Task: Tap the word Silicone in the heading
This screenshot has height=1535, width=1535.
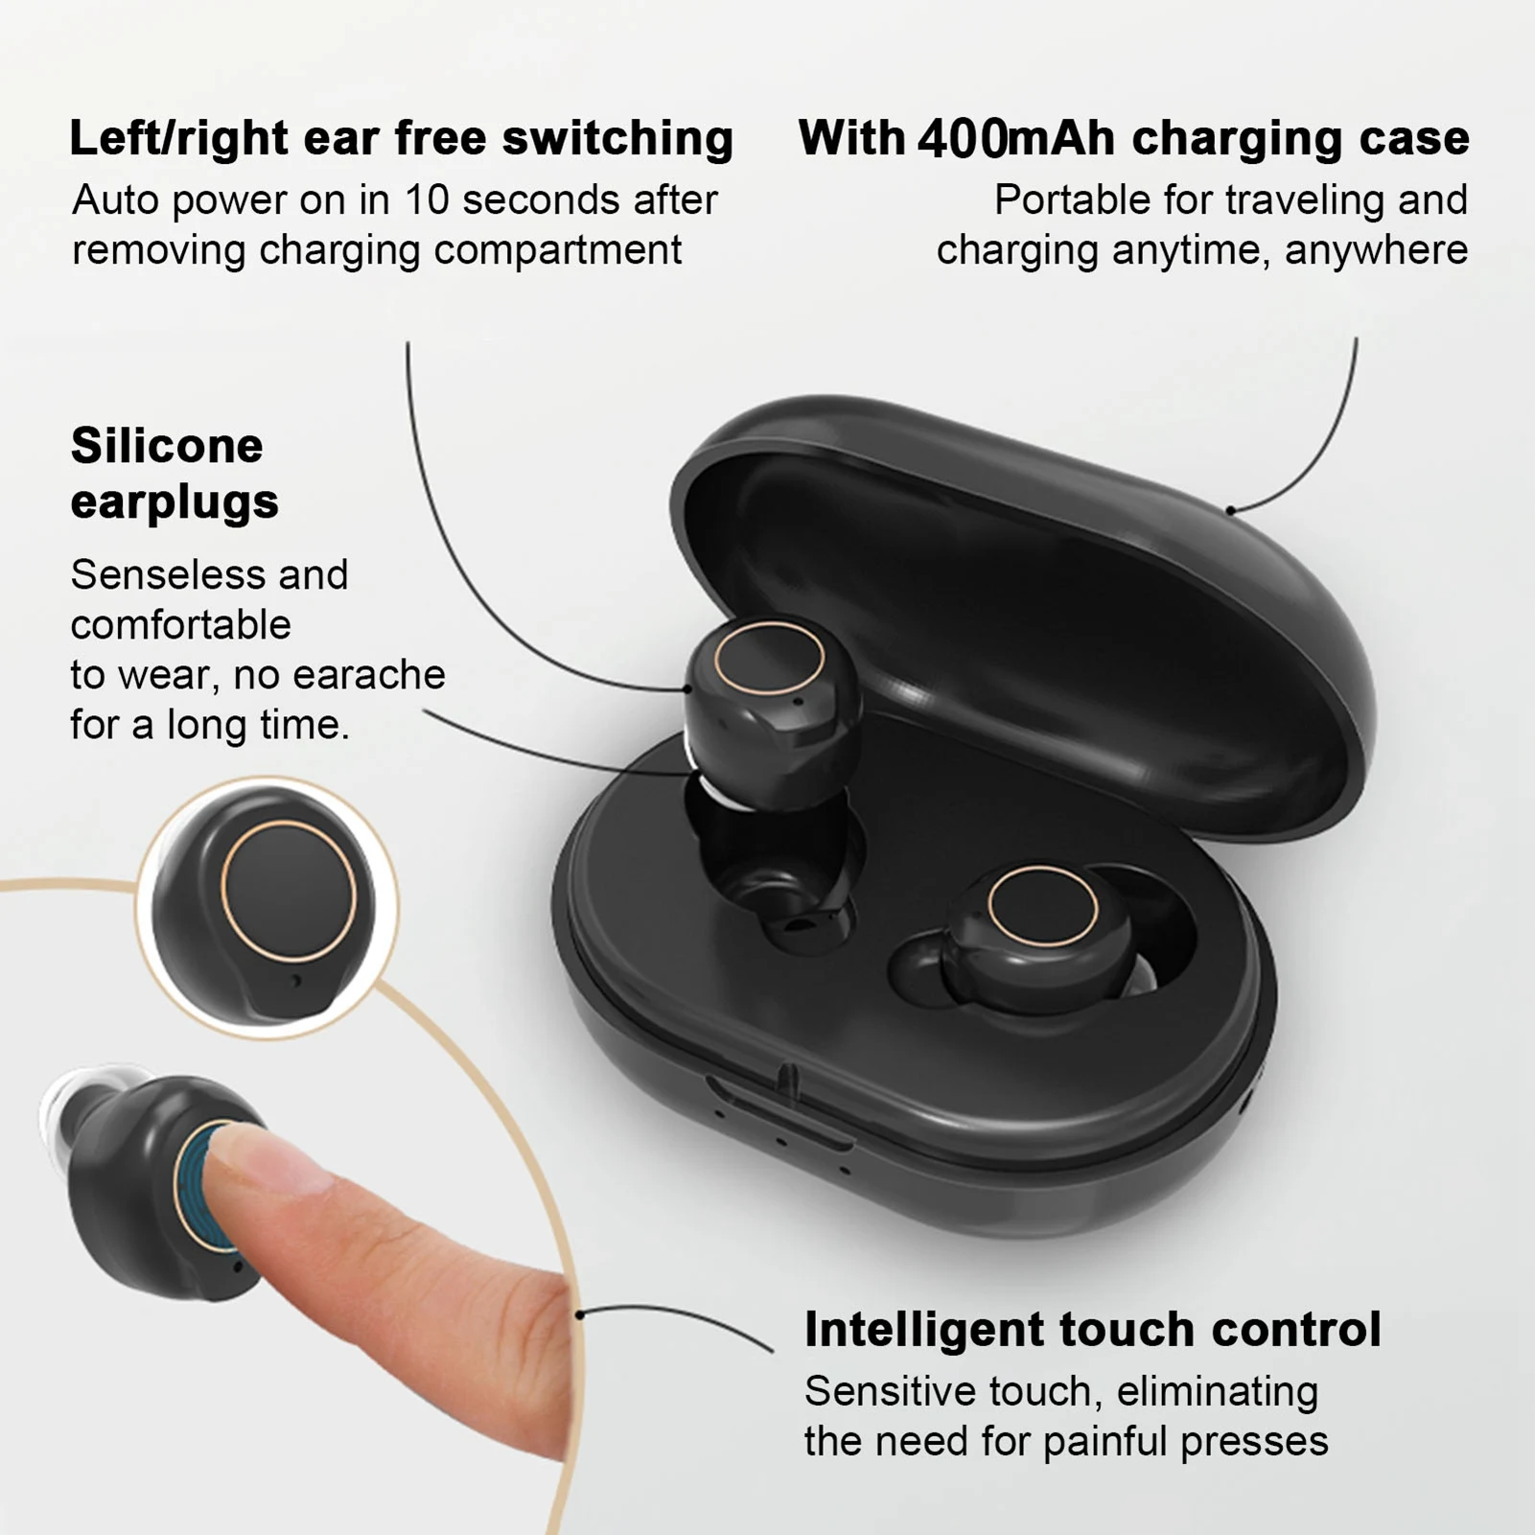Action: (167, 446)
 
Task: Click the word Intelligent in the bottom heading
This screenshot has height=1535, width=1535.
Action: (923, 1330)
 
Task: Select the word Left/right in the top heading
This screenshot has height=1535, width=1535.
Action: (178, 138)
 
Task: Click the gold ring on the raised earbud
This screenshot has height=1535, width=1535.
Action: (769, 658)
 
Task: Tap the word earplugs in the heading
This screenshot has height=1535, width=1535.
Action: (174, 501)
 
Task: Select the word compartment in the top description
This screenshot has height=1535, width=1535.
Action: (557, 250)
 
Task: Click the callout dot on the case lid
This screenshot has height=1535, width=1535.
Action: (1230, 510)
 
